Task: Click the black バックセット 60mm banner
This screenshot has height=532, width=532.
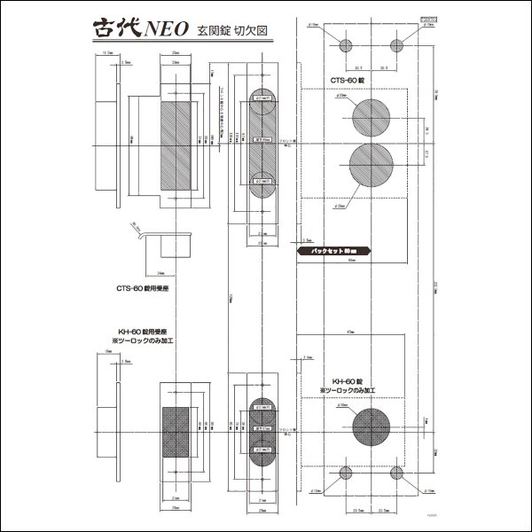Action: pos(335,252)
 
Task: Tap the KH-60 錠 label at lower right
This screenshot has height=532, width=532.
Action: pos(346,379)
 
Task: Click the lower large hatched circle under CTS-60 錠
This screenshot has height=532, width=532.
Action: pos(371,166)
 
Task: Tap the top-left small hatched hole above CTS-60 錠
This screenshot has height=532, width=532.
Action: pos(346,46)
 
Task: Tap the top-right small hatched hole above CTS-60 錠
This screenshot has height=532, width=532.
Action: pos(396,46)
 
